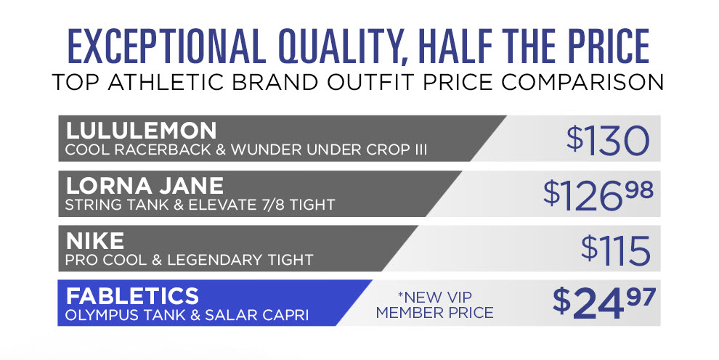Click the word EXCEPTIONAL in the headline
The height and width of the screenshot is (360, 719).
click(x=167, y=46)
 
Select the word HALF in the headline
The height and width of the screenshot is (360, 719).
click(x=452, y=46)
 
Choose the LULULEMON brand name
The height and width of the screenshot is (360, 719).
click(x=141, y=131)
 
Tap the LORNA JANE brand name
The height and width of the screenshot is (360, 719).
click(x=145, y=186)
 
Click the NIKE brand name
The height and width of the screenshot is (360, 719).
click(x=95, y=241)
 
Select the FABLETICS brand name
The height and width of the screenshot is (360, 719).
click(x=132, y=296)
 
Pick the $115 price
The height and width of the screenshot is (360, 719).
click(x=616, y=250)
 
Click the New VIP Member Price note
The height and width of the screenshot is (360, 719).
click(x=434, y=305)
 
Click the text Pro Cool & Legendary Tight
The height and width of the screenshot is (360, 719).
click(x=189, y=260)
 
